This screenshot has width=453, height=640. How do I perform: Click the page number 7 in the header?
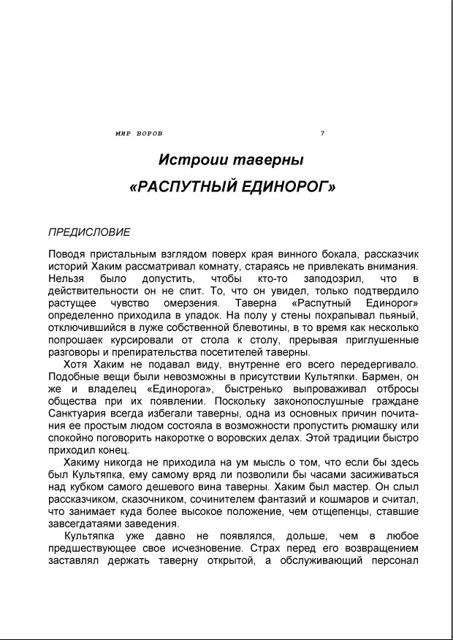point(322,133)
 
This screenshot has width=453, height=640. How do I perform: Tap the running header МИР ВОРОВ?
point(139,133)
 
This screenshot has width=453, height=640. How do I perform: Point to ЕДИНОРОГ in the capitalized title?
point(286,187)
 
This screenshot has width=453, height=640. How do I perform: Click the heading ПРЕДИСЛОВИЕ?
point(89,232)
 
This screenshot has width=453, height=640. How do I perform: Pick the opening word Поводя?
point(65,254)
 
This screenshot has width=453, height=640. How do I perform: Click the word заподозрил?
point(328,278)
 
